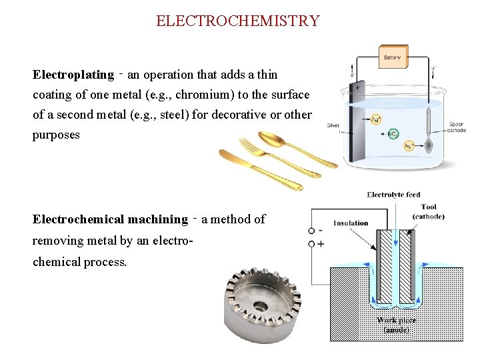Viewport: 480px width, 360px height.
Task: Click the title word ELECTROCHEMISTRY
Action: (x=238, y=21)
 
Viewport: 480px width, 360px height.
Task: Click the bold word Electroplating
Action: (x=73, y=75)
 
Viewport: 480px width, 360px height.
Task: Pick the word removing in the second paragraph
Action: (x=57, y=240)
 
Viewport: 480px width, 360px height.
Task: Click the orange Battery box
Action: (x=393, y=57)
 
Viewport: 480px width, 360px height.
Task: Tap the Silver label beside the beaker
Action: (x=333, y=125)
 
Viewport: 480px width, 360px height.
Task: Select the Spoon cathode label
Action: (x=456, y=127)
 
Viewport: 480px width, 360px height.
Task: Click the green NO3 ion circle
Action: (x=393, y=134)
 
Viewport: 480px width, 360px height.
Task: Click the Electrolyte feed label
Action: (x=393, y=195)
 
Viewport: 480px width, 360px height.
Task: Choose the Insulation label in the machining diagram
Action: (x=351, y=223)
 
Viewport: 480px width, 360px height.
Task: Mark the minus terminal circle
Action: (x=311, y=231)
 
